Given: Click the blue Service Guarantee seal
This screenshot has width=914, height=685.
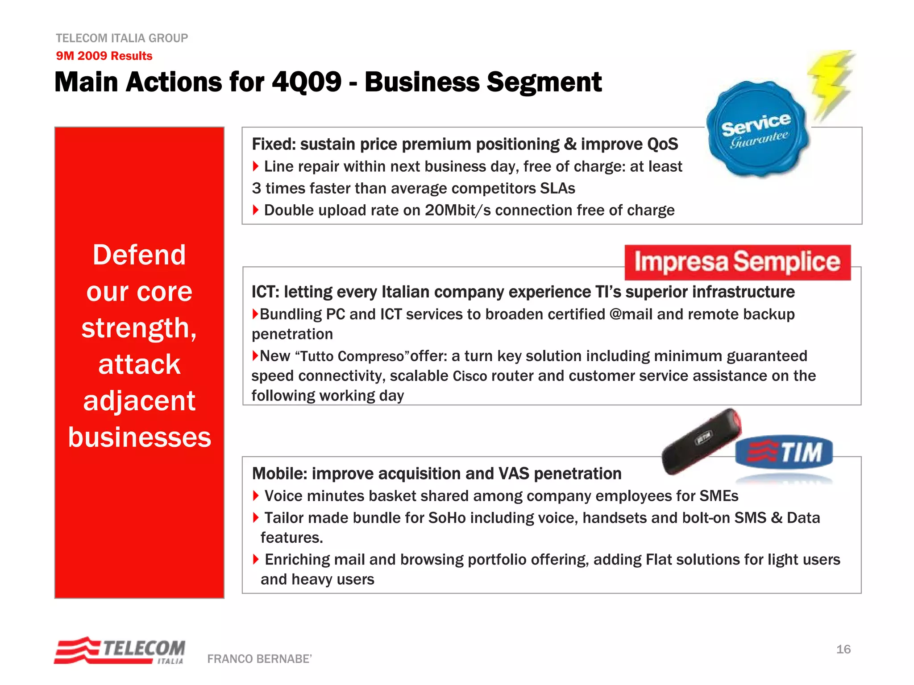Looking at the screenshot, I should point(757,129).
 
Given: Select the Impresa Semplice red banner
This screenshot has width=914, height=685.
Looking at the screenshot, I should point(737,262).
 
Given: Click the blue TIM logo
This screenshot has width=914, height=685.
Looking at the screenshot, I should point(784,452).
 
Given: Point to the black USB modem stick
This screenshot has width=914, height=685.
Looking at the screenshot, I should point(701,441).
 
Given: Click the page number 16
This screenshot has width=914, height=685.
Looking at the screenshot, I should point(843,649).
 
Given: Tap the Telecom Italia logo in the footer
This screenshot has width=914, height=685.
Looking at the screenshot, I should point(120,651).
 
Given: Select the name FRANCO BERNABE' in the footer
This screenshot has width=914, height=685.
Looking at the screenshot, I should point(259,659).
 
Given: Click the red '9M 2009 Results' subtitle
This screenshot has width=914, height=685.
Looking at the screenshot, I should point(104,56).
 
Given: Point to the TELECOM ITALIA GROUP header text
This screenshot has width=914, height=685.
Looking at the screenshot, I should point(121,38).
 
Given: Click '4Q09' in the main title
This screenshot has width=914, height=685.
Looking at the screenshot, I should point(306,82).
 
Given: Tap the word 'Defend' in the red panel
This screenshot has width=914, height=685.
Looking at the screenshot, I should point(139,255).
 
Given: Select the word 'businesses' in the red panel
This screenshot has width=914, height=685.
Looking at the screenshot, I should point(139,437).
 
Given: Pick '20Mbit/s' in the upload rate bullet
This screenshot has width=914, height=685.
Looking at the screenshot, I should point(457,210).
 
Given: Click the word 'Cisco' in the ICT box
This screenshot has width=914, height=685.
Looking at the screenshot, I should point(470,376).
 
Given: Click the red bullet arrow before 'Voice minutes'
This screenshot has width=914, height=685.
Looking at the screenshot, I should point(256,495).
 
